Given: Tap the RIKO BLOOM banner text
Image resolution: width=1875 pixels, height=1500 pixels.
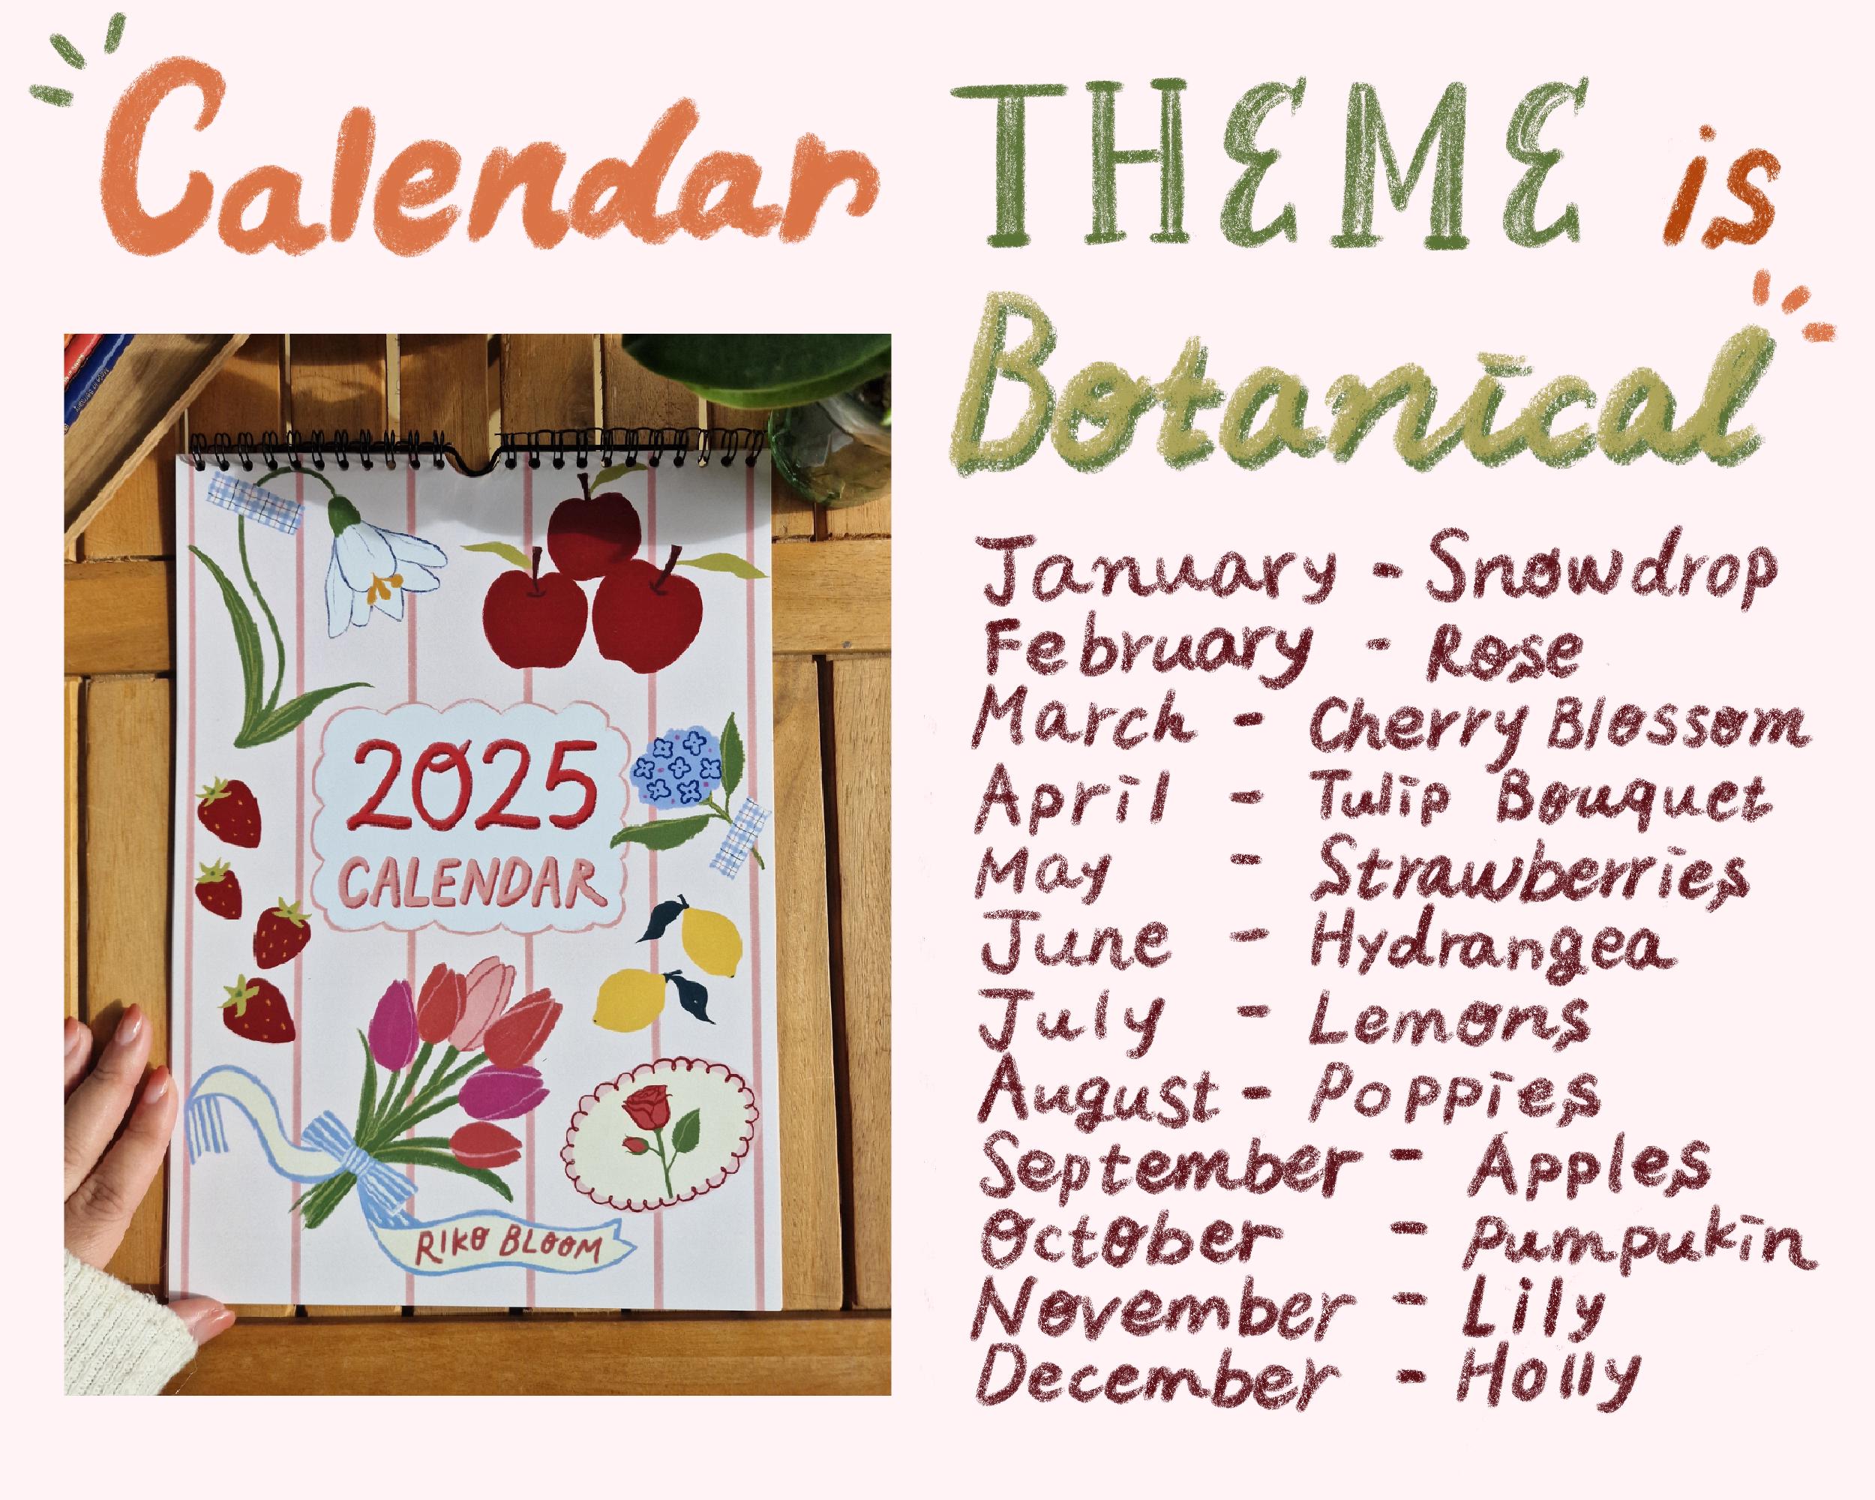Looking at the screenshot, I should (508, 1249).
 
